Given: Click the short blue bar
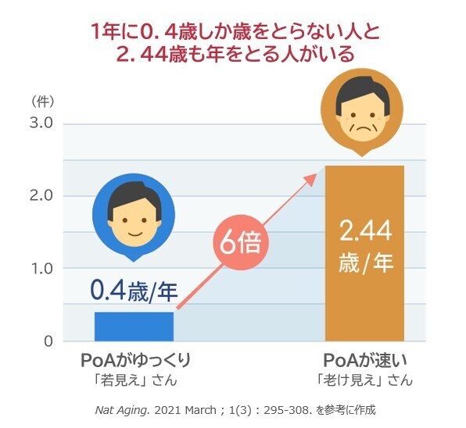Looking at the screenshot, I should point(134,326).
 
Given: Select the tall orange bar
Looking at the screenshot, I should point(364,297).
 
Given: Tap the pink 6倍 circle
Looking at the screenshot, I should point(239,242).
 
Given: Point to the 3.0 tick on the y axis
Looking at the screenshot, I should point(41,123).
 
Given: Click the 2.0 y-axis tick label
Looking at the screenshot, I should point(41,196).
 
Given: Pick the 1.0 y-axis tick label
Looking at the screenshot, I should point(41,269).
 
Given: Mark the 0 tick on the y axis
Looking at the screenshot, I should point(47,341).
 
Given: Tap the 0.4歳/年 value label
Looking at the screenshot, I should point(134,292).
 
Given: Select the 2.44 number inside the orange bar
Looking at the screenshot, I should point(365,231).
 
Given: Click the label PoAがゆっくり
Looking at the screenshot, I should point(136,362).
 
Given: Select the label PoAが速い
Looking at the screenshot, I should point(366,362).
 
